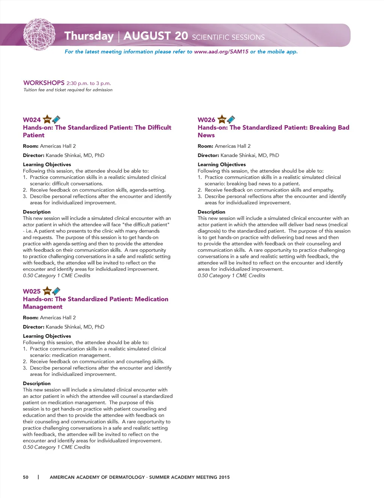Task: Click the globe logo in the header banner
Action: click(x=39, y=35)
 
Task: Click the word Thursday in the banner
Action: click(x=89, y=36)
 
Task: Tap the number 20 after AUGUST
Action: click(x=181, y=36)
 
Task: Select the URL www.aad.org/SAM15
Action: click(x=221, y=52)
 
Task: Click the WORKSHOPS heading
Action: click(x=44, y=83)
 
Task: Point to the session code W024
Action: click(x=32, y=120)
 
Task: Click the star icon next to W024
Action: click(x=47, y=119)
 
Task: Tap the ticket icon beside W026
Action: click(x=231, y=119)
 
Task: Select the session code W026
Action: click(x=207, y=120)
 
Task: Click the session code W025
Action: click(x=32, y=292)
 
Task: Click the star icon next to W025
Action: click(x=47, y=291)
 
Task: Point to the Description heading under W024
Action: click(x=37, y=212)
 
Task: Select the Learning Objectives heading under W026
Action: click(x=222, y=165)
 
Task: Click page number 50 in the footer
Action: click(x=25, y=477)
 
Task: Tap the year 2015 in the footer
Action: click(x=224, y=477)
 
